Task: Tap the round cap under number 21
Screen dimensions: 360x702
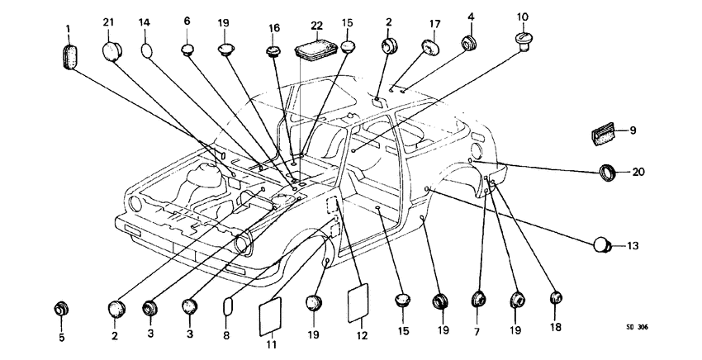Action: (x=113, y=52)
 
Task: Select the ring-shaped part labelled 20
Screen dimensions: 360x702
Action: (x=611, y=173)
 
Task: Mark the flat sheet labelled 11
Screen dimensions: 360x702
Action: (x=272, y=315)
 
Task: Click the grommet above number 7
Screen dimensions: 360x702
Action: (x=479, y=301)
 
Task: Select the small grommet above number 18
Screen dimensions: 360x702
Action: (x=555, y=299)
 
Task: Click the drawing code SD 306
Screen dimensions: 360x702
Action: (x=636, y=328)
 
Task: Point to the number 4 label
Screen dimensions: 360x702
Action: (x=471, y=16)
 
